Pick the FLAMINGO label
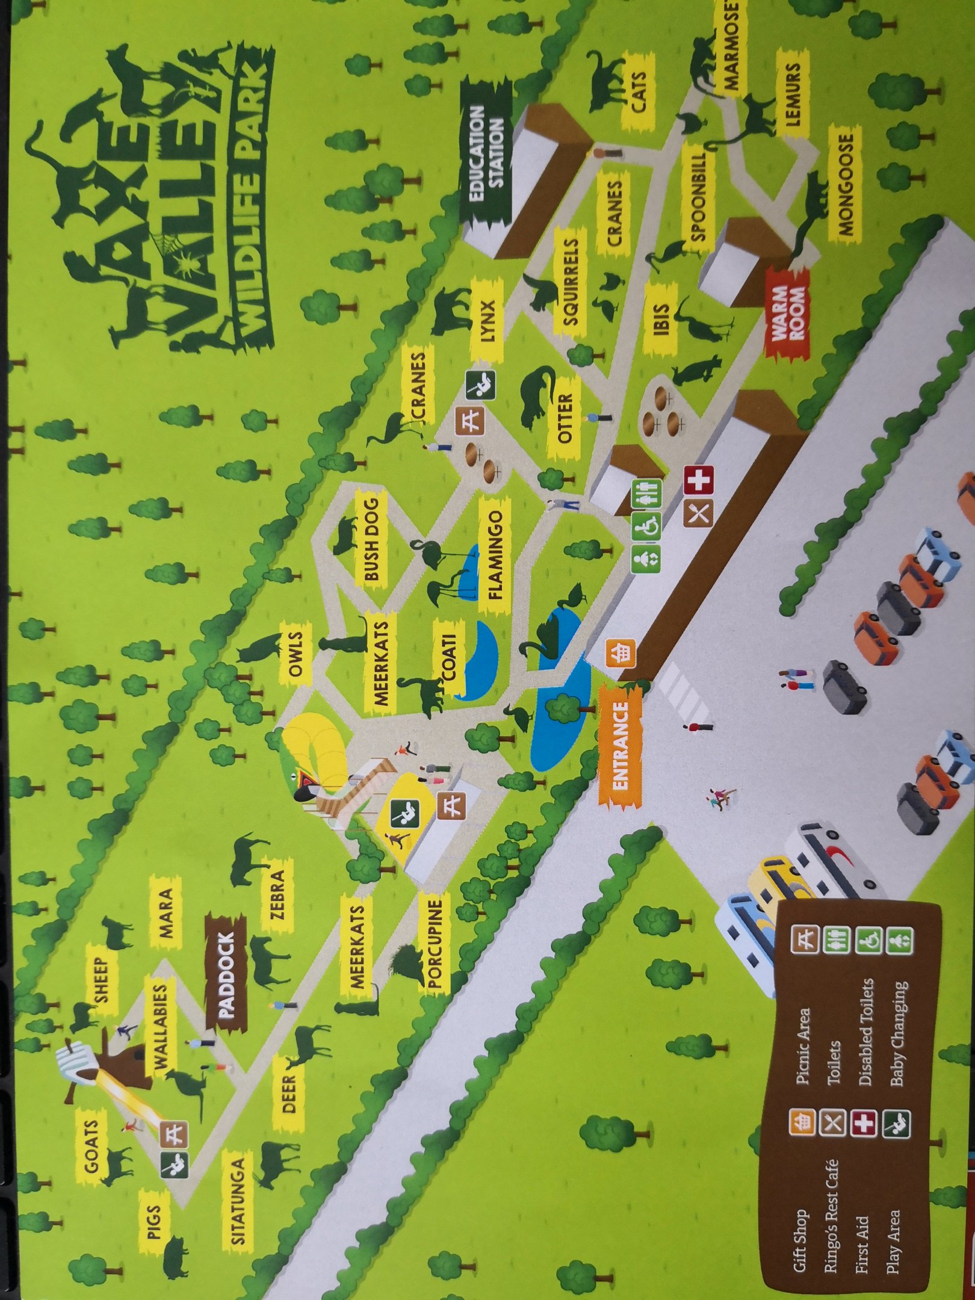click(x=495, y=556)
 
